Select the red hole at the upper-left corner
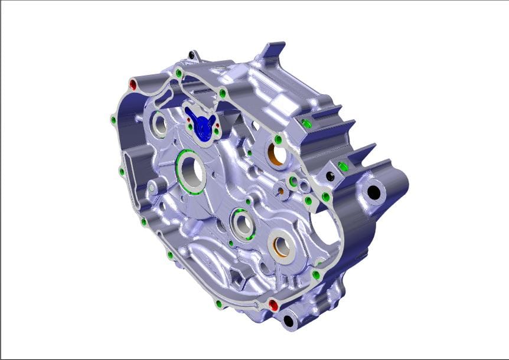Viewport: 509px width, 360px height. click(133, 85)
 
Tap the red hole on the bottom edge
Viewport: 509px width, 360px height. click(273, 305)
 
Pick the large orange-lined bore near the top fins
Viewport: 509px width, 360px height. click(278, 155)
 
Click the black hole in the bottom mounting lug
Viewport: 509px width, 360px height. click(289, 320)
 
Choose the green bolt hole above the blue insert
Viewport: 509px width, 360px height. click(223, 93)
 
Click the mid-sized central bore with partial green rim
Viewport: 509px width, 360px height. click(242, 224)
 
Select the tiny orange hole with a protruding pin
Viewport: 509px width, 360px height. click(280, 191)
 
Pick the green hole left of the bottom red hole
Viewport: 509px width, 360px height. click(219, 304)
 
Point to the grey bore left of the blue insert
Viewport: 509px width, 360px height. click(159, 124)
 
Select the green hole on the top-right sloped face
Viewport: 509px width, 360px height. click(307, 123)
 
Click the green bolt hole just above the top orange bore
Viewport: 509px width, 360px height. click(277, 139)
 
